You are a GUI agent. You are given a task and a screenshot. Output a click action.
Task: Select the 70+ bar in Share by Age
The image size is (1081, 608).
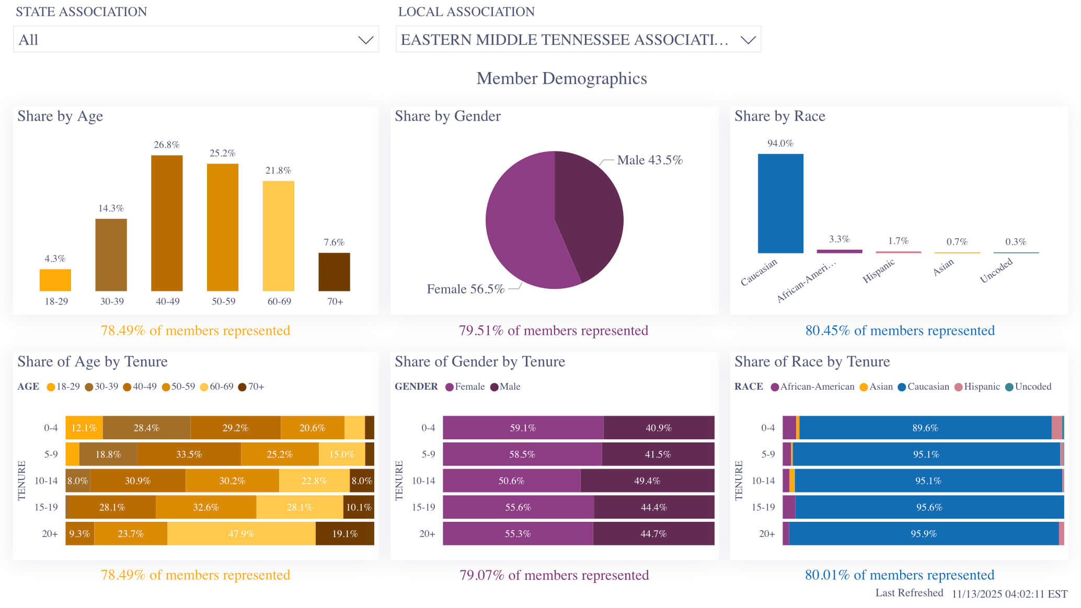coord(334,272)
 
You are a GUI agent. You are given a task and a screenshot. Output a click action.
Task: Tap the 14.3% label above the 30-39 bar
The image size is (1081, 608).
coord(111,208)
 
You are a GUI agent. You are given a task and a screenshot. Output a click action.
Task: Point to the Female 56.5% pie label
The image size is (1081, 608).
coord(465,289)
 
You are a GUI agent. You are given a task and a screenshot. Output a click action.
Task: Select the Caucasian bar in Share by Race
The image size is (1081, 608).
coord(780,204)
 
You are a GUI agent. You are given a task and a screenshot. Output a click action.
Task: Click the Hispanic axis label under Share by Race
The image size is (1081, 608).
coord(879,271)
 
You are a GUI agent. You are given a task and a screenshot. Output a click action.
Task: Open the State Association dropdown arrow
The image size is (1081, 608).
coord(365,40)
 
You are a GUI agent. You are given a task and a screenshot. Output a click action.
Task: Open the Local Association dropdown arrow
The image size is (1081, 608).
coord(748,40)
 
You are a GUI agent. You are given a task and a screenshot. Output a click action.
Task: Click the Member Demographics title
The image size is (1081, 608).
coord(561,78)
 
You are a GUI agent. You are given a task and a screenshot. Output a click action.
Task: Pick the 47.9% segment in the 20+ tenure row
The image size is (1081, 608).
coord(241,534)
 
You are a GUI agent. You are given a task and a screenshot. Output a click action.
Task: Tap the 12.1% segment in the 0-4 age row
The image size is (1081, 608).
coord(84,428)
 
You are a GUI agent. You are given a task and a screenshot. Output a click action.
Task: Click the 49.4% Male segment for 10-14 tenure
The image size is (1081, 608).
coord(647,481)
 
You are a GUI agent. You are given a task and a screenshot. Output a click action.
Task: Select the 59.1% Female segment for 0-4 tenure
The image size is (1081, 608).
coord(523,428)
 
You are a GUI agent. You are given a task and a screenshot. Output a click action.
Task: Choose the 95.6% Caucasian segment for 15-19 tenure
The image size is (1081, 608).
coord(929,507)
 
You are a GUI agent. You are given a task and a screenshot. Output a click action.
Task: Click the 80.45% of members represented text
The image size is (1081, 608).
coord(900,331)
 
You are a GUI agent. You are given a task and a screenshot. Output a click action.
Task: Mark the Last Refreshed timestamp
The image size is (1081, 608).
coord(1009,594)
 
